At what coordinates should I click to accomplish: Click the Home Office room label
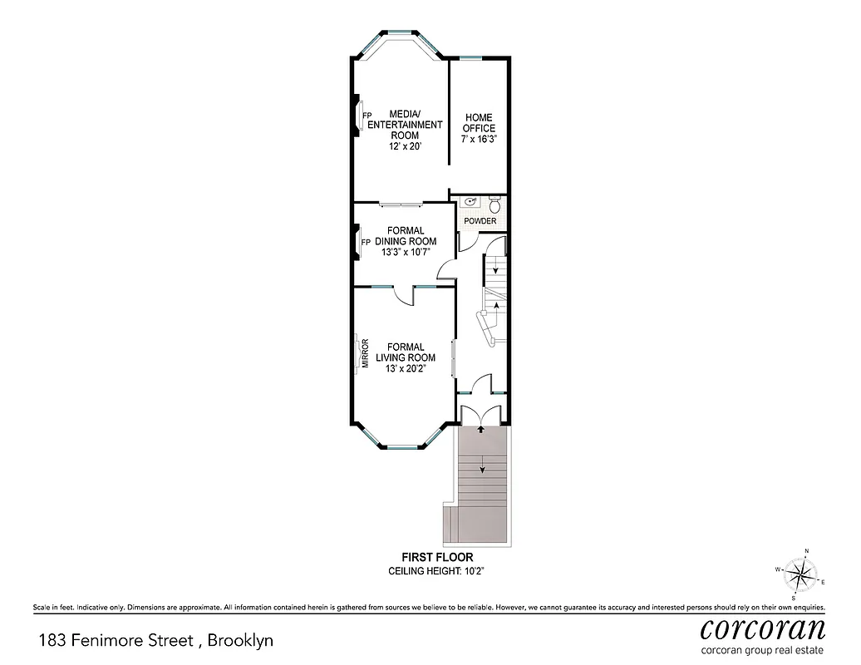point(480,123)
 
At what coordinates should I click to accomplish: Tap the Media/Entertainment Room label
point(406,125)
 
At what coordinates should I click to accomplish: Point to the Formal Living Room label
point(405,352)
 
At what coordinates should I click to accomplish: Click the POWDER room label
point(480,221)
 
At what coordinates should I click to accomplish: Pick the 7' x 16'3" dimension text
point(480,140)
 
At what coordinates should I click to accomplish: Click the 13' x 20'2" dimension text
point(406,369)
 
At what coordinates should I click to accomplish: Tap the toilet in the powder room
point(494,204)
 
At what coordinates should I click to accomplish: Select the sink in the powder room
point(470,202)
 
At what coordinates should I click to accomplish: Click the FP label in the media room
point(366,115)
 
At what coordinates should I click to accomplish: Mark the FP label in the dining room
point(366,242)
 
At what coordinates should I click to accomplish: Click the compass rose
point(801,573)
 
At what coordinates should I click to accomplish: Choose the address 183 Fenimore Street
point(116,641)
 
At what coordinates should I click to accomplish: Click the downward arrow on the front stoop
point(481,468)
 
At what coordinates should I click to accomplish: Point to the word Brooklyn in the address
point(240,641)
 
